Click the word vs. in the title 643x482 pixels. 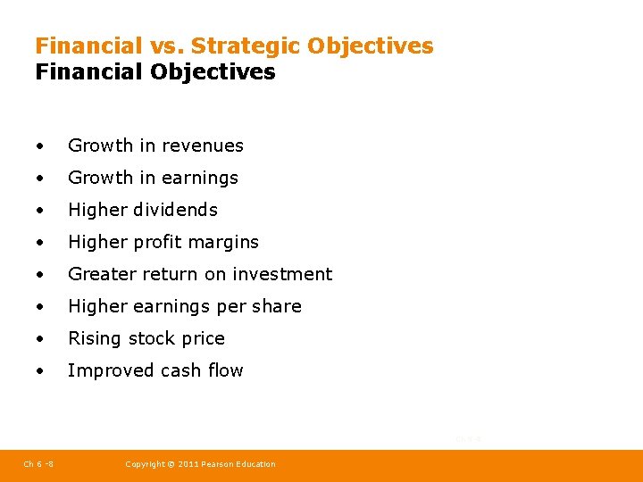(166, 46)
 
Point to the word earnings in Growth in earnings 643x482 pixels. (201, 179)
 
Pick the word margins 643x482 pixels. (225, 242)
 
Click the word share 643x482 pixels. (276, 306)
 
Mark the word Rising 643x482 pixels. (94, 338)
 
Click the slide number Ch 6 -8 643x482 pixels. (38, 464)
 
